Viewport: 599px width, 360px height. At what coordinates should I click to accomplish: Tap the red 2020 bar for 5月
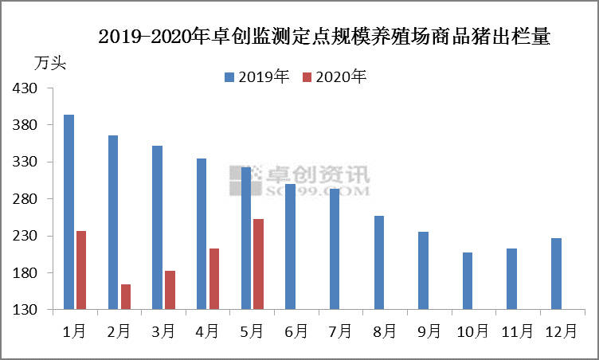(258, 264)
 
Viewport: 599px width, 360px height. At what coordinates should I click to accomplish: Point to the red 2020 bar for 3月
(170, 290)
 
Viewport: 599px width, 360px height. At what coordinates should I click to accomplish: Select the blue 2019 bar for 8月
(379, 262)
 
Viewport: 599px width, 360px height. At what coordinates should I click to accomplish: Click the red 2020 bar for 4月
(214, 279)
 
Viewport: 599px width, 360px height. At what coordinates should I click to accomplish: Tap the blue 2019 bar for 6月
(290, 246)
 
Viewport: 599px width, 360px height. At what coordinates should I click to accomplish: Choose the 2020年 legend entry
(335, 76)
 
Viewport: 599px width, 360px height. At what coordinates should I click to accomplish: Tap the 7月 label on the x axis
(340, 332)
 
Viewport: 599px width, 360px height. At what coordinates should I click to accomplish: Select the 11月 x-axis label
(517, 332)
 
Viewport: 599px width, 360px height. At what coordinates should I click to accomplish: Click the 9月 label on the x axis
(429, 332)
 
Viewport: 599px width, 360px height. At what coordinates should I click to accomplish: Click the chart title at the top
(323, 37)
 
